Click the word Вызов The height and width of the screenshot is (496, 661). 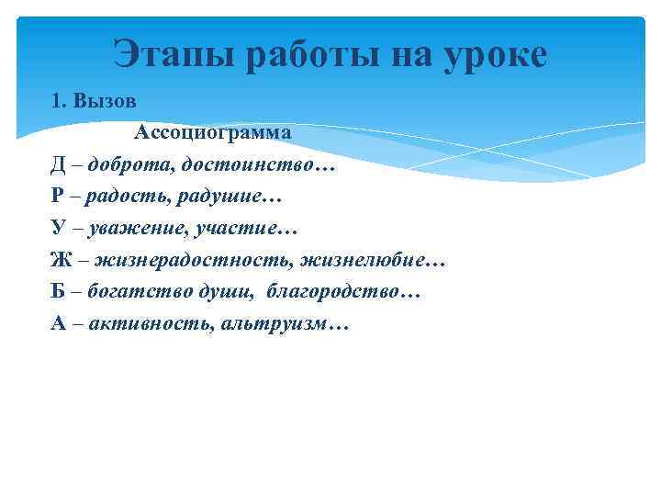[106, 101]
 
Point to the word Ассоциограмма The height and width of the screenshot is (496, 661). [213, 133]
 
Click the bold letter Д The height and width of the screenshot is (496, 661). [59, 165]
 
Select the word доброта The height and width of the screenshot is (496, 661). [128, 165]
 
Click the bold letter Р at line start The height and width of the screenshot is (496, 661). [58, 197]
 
